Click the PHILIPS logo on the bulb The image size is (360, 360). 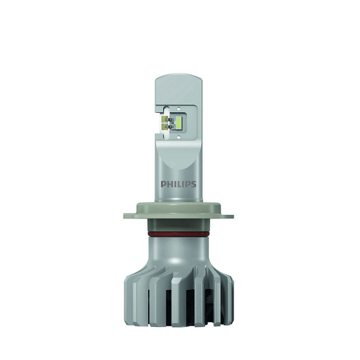[178, 184]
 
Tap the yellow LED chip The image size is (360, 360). [178, 122]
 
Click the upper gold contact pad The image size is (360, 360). [164, 119]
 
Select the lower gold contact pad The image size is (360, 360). [164, 126]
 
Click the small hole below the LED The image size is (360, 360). [179, 137]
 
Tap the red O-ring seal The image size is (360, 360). [179, 234]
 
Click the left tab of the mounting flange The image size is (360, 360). [130, 216]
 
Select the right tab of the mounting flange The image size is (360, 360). [227, 216]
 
